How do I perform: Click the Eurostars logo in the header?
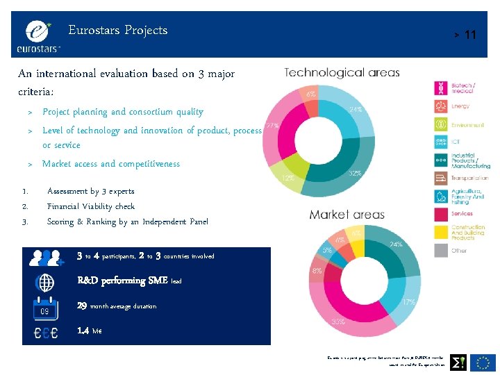tap(39, 35)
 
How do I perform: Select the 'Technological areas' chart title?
tap(342, 72)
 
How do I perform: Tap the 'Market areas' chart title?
tap(347, 215)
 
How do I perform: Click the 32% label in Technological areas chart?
tap(355, 173)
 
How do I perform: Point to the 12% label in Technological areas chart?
tap(287, 178)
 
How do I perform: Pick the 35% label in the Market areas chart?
tap(339, 322)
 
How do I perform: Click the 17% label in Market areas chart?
tap(409, 302)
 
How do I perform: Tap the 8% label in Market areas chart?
tap(317, 271)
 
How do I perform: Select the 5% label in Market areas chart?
tap(326, 250)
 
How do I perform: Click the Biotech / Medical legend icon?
tap(441, 88)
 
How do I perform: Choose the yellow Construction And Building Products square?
tap(441, 232)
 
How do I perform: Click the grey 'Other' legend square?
tap(441, 250)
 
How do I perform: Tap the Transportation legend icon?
tap(441, 178)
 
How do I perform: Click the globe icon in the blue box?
tap(45, 283)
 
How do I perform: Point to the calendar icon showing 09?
tap(45, 307)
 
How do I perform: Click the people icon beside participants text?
tap(45, 258)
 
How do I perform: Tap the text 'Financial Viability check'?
tap(90, 206)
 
